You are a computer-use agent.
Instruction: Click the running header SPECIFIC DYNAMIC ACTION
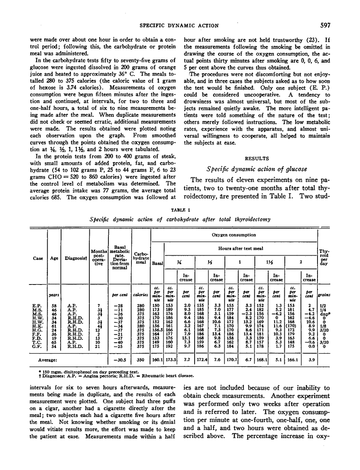(180, 25)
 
